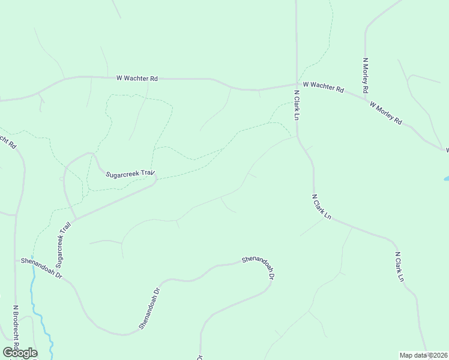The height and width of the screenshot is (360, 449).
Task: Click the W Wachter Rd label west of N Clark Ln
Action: [x=137, y=78]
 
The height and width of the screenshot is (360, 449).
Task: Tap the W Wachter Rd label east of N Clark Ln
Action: [x=323, y=88]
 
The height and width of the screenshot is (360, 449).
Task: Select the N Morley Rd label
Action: [x=365, y=75]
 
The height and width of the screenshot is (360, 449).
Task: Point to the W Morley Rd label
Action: [x=385, y=112]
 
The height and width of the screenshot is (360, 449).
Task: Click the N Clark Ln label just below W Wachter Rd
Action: [x=297, y=105]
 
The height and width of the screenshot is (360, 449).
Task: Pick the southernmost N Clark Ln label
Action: [x=399, y=267]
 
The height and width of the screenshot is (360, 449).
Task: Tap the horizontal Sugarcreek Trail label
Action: [x=130, y=174]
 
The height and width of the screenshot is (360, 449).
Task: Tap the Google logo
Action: [x=20, y=353]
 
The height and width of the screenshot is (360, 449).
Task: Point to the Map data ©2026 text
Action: [x=423, y=355]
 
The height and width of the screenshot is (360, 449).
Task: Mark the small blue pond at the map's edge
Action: [x=446, y=179]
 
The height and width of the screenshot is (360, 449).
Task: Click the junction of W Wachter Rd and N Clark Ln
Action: [x=297, y=85]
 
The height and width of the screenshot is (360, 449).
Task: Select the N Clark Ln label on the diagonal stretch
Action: [x=321, y=206]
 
